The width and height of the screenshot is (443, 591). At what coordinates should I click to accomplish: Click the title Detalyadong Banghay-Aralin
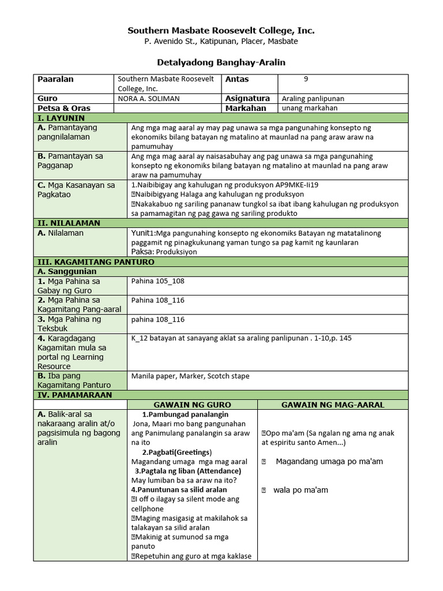(x=221, y=62)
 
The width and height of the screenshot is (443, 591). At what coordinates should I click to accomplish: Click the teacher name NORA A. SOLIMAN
(x=148, y=99)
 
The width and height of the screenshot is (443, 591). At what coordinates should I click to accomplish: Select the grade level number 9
(x=306, y=80)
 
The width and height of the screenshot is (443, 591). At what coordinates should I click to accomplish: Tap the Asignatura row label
(x=247, y=99)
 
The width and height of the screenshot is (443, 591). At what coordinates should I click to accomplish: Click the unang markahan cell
(x=309, y=108)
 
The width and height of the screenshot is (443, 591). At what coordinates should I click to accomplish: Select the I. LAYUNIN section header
(x=61, y=118)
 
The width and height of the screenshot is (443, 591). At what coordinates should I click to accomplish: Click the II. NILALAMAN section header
(x=68, y=223)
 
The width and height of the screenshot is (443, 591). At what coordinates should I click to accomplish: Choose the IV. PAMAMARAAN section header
(x=74, y=395)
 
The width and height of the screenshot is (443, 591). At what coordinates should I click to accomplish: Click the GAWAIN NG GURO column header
(x=192, y=405)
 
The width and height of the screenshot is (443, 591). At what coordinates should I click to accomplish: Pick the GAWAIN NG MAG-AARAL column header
(x=332, y=405)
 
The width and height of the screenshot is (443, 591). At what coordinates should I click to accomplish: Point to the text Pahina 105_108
(x=157, y=281)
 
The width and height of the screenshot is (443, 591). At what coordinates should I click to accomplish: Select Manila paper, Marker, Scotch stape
(x=190, y=376)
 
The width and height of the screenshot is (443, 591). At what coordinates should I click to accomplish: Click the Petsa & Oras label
(x=63, y=108)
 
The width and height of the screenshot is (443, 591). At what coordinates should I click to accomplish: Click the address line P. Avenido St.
(x=221, y=42)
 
